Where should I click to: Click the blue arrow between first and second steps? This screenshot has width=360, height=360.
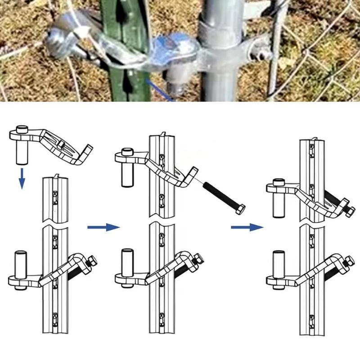click(103, 227)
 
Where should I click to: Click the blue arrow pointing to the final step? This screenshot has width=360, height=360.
click(247, 227)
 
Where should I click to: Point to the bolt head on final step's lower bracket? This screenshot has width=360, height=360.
click(347, 260)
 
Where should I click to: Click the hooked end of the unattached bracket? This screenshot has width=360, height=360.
click(88, 153)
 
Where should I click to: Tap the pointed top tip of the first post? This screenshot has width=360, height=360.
click(56, 176)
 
